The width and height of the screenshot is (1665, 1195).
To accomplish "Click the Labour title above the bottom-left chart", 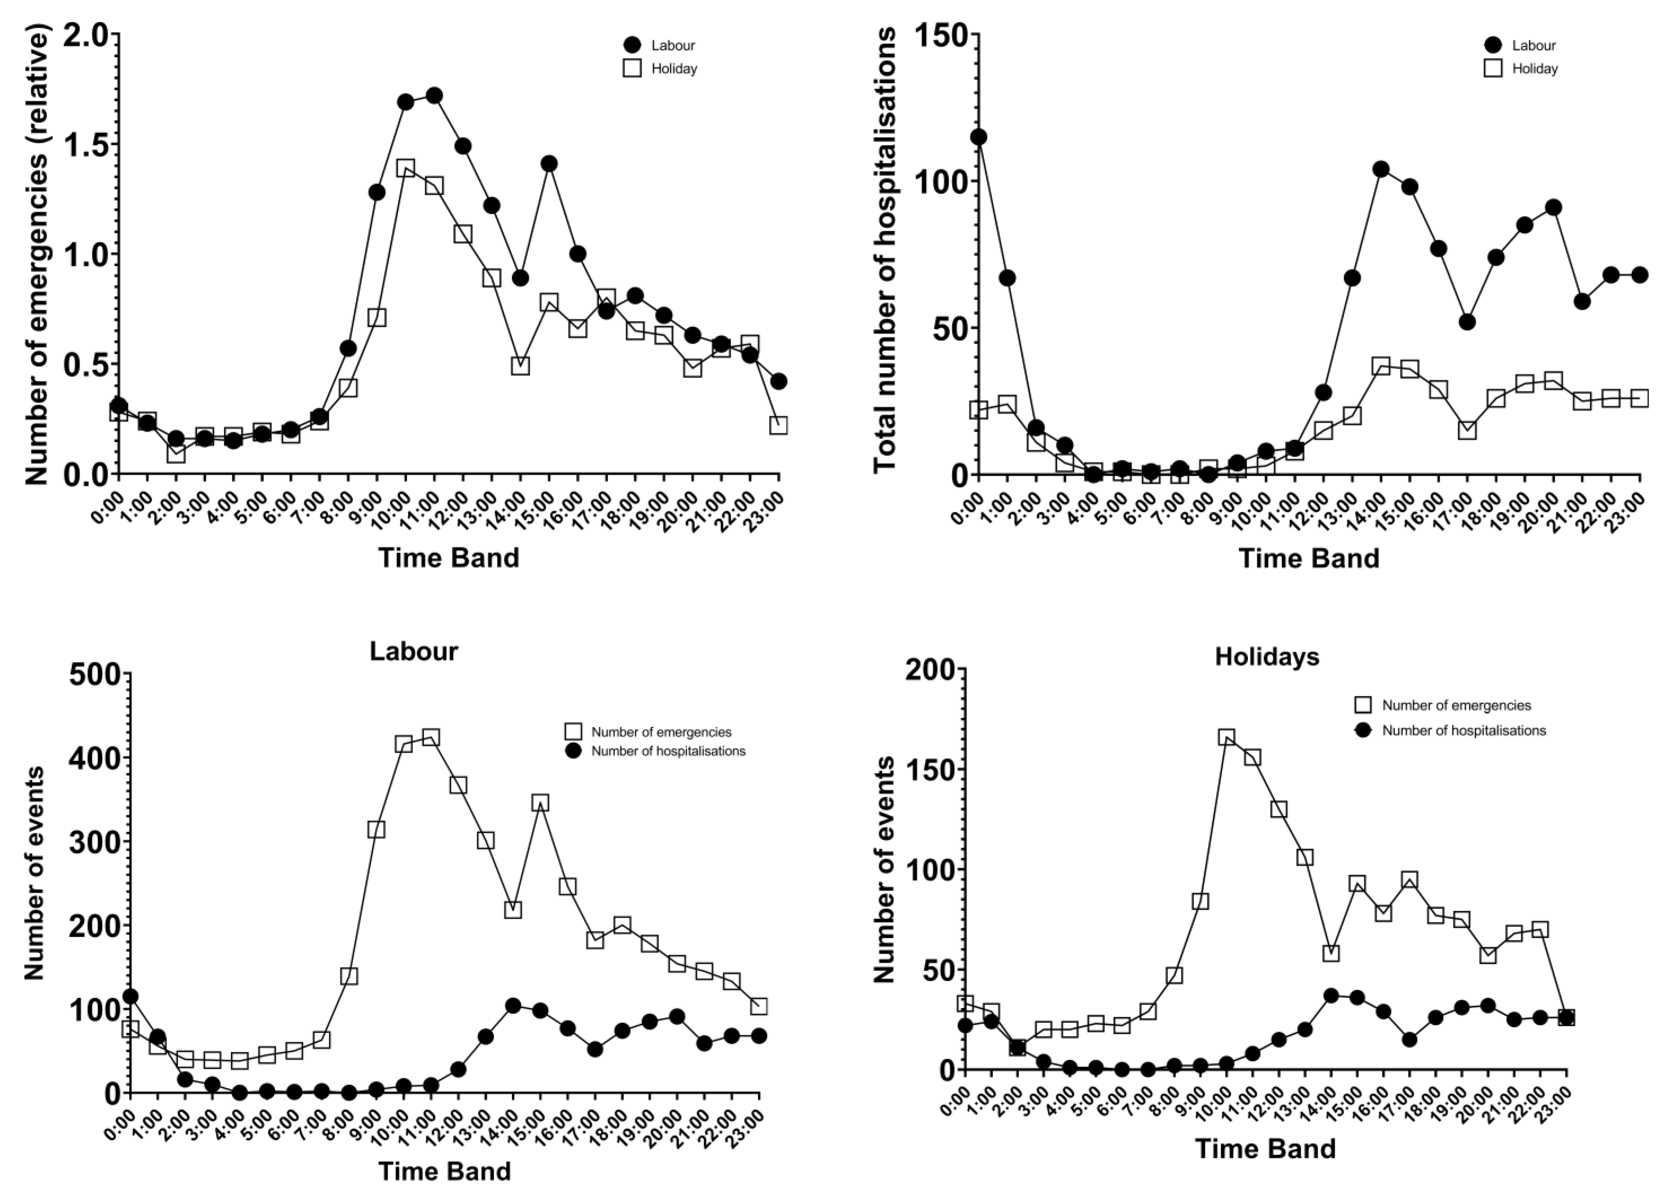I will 413,651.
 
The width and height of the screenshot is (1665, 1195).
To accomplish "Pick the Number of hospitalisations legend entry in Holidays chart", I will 1463,730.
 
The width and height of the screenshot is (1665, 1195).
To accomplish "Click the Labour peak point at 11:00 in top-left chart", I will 434,96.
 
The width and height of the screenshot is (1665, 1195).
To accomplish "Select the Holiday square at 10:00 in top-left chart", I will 405,168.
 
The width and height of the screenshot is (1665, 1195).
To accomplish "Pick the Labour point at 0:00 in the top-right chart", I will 979,137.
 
